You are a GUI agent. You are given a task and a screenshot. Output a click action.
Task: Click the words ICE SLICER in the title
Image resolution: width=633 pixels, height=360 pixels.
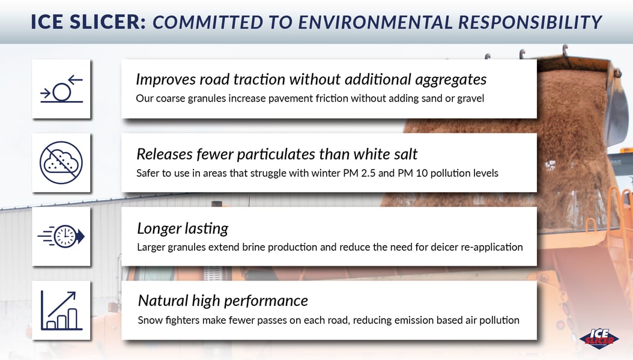(x=88, y=22)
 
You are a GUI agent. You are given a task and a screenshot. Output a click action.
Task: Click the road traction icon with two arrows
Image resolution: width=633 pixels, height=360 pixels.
(x=61, y=89)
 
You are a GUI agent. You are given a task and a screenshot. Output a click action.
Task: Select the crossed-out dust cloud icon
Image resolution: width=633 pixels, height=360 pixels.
(x=61, y=163)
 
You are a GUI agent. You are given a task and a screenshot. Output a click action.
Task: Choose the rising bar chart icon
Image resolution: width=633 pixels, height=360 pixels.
(x=61, y=310)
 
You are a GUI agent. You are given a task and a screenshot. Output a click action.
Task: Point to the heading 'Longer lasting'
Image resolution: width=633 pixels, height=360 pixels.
(x=183, y=228)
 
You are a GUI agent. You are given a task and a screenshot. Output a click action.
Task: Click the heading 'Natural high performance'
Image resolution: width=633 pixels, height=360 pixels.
(x=223, y=301)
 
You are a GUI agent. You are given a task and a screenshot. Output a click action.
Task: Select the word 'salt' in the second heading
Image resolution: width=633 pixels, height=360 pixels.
(x=404, y=154)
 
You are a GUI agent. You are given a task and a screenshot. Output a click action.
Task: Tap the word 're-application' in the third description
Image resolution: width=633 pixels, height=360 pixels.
(x=492, y=247)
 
